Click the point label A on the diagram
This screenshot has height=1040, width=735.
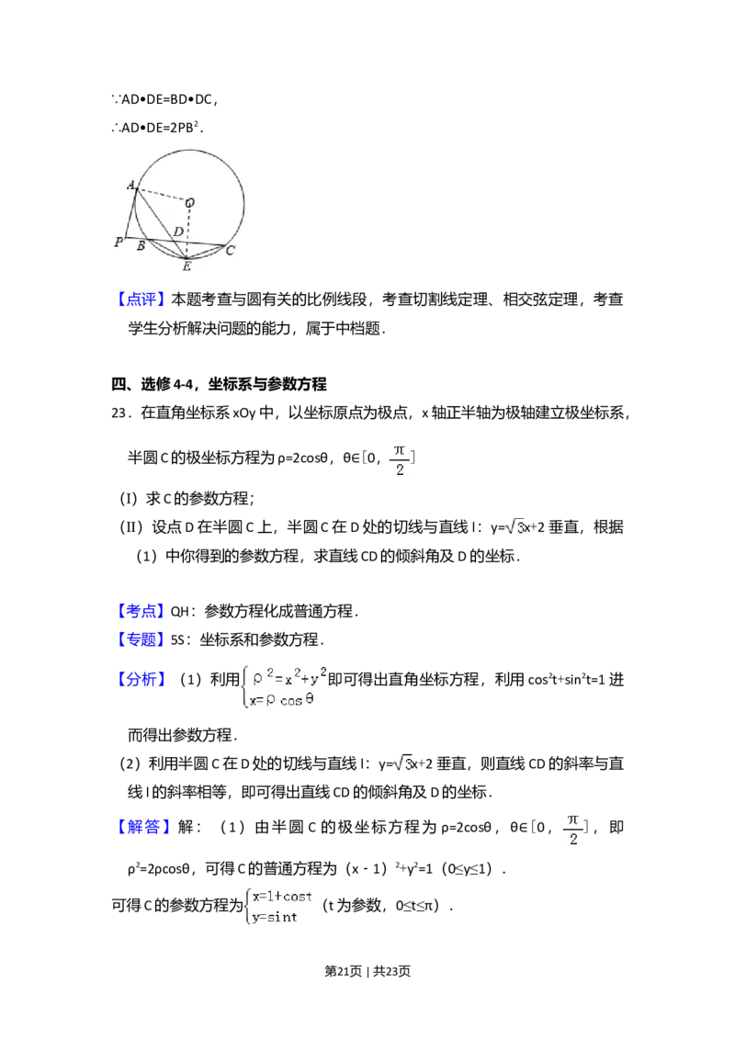point(131,186)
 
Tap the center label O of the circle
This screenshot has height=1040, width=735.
point(190,202)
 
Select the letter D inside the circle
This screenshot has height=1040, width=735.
point(178,232)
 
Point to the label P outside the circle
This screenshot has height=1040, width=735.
point(118,243)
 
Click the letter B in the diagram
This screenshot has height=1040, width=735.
point(141,246)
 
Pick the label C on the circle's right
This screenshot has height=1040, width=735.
point(230,250)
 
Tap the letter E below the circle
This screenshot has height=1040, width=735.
point(187,266)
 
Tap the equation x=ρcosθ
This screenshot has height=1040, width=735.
point(287,699)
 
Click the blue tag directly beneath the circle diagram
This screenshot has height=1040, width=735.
point(142,299)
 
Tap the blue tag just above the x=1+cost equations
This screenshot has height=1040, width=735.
point(146,827)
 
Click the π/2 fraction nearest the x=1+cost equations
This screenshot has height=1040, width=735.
point(573,830)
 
